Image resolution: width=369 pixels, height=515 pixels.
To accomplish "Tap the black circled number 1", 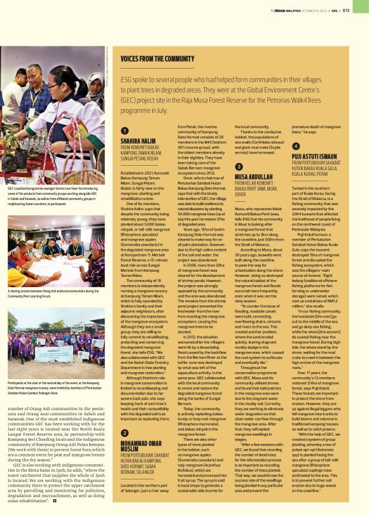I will click(x=124, y=130).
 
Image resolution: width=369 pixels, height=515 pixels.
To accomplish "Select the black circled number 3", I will click(x=239, y=166).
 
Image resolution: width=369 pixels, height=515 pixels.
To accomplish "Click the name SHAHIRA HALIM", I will click(x=139, y=140).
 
